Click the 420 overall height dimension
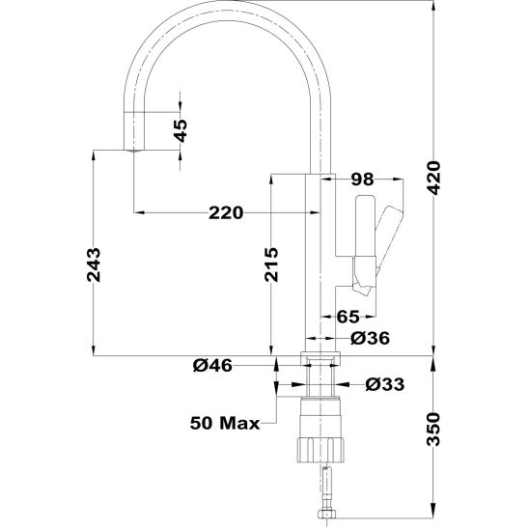[x=433, y=179]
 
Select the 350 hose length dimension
[x=433, y=430]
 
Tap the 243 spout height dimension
[x=94, y=264]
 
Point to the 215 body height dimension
[x=271, y=264]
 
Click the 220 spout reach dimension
[x=226, y=213]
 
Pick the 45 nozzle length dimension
[x=181, y=130]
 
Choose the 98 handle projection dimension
[x=363, y=180]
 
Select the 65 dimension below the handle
[x=348, y=317]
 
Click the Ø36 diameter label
[x=370, y=338]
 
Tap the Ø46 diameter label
[x=212, y=365]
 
